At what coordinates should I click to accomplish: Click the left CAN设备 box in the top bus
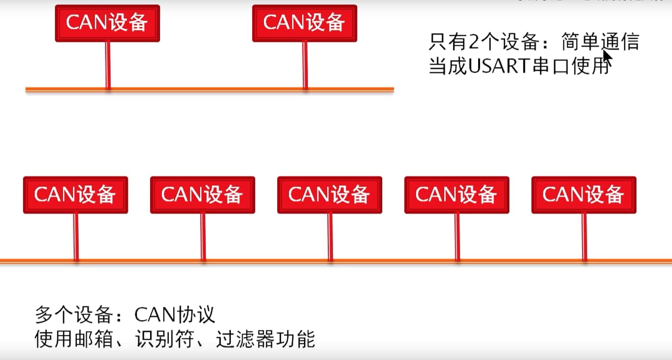tap(107, 23)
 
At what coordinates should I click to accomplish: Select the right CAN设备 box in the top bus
tap(304, 23)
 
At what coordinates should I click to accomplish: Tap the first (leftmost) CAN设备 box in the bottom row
tap(76, 195)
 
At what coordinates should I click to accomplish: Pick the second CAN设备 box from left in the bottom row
tap(203, 195)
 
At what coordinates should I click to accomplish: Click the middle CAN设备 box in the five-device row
tap(330, 195)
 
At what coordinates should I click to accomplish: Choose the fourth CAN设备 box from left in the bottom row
tap(456, 195)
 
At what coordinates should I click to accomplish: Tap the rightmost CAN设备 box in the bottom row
tap(583, 195)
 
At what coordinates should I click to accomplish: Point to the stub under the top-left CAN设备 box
tap(108, 65)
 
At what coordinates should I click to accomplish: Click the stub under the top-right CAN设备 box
tap(304, 65)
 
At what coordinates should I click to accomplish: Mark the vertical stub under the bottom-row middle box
tap(330, 237)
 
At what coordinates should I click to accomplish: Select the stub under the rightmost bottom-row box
tap(584, 237)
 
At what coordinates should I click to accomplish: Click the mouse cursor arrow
tap(607, 58)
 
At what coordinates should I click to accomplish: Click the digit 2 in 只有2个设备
tap(473, 43)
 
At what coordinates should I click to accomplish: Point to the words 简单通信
tap(600, 43)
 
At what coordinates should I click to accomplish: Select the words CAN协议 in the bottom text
tap(175, 315)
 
